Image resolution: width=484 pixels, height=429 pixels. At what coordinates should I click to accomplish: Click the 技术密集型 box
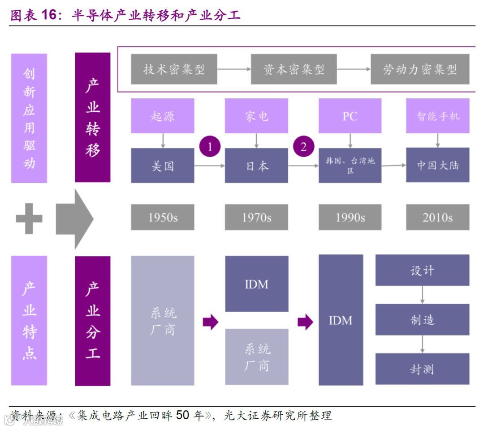pyautogui.click(x=174, y=69)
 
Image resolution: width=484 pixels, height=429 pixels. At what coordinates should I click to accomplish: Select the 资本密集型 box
pyautogui.click(x=294, y=69)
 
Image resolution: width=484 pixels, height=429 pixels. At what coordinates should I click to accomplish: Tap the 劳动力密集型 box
pyautogui.click(x=420, y=69)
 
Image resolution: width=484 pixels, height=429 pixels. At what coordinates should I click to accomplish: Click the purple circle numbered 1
pyautogui.click(x=210, y=147)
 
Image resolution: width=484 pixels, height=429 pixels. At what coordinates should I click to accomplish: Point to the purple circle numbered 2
pyautogui.click(x=303, y=147)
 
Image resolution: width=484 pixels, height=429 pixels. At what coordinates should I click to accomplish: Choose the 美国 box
pyautogui.click(x=163, y=166)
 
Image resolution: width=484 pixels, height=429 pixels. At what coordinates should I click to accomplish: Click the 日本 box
pyautogui.click(x=256, y=166)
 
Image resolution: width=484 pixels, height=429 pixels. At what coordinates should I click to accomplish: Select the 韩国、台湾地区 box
pyautogui.click(x=350, y=166)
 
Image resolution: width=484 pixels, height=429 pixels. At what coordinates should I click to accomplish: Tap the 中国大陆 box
pyautogui.click(x=437, y=165)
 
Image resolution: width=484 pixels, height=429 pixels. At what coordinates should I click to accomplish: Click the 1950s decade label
pyautogui.click(x=163, y=217)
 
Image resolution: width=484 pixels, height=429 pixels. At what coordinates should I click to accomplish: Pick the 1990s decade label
pyautogui.click(x=350, y=217)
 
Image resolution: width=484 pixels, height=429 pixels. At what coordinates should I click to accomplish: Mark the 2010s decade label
pyautogui.click(x=437, y=217)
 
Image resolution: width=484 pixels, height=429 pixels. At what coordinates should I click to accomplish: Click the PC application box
pyautogui.click(x=350, y=116)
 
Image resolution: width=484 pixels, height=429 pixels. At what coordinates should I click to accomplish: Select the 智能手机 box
pyautogui.click(x=437, y=116)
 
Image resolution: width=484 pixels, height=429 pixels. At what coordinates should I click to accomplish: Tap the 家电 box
pyautogui.click(x=256, y=116)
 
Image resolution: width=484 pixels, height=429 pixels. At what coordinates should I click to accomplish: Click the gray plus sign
pyautogui.click(x=29, y=218)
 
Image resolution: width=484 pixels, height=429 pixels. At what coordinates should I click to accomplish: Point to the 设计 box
pyautogui.click(x=422, y=271)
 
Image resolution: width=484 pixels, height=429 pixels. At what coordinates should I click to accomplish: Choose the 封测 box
pyautogui.click(x=422, y=369)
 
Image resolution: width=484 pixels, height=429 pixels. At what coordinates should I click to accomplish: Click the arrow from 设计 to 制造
pyautogui.click(x=422, y=295)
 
